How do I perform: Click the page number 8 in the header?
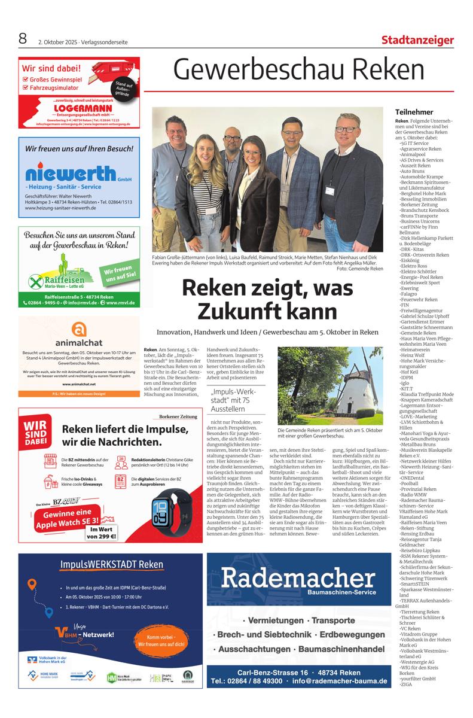coord(23,39)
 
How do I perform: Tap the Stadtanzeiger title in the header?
coord(417,40)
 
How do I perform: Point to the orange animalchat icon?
coord(78,329)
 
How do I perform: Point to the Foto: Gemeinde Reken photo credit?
coord(359,269)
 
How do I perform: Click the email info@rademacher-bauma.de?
coord(339,681)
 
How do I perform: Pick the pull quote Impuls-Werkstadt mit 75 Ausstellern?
coord(230,400)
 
